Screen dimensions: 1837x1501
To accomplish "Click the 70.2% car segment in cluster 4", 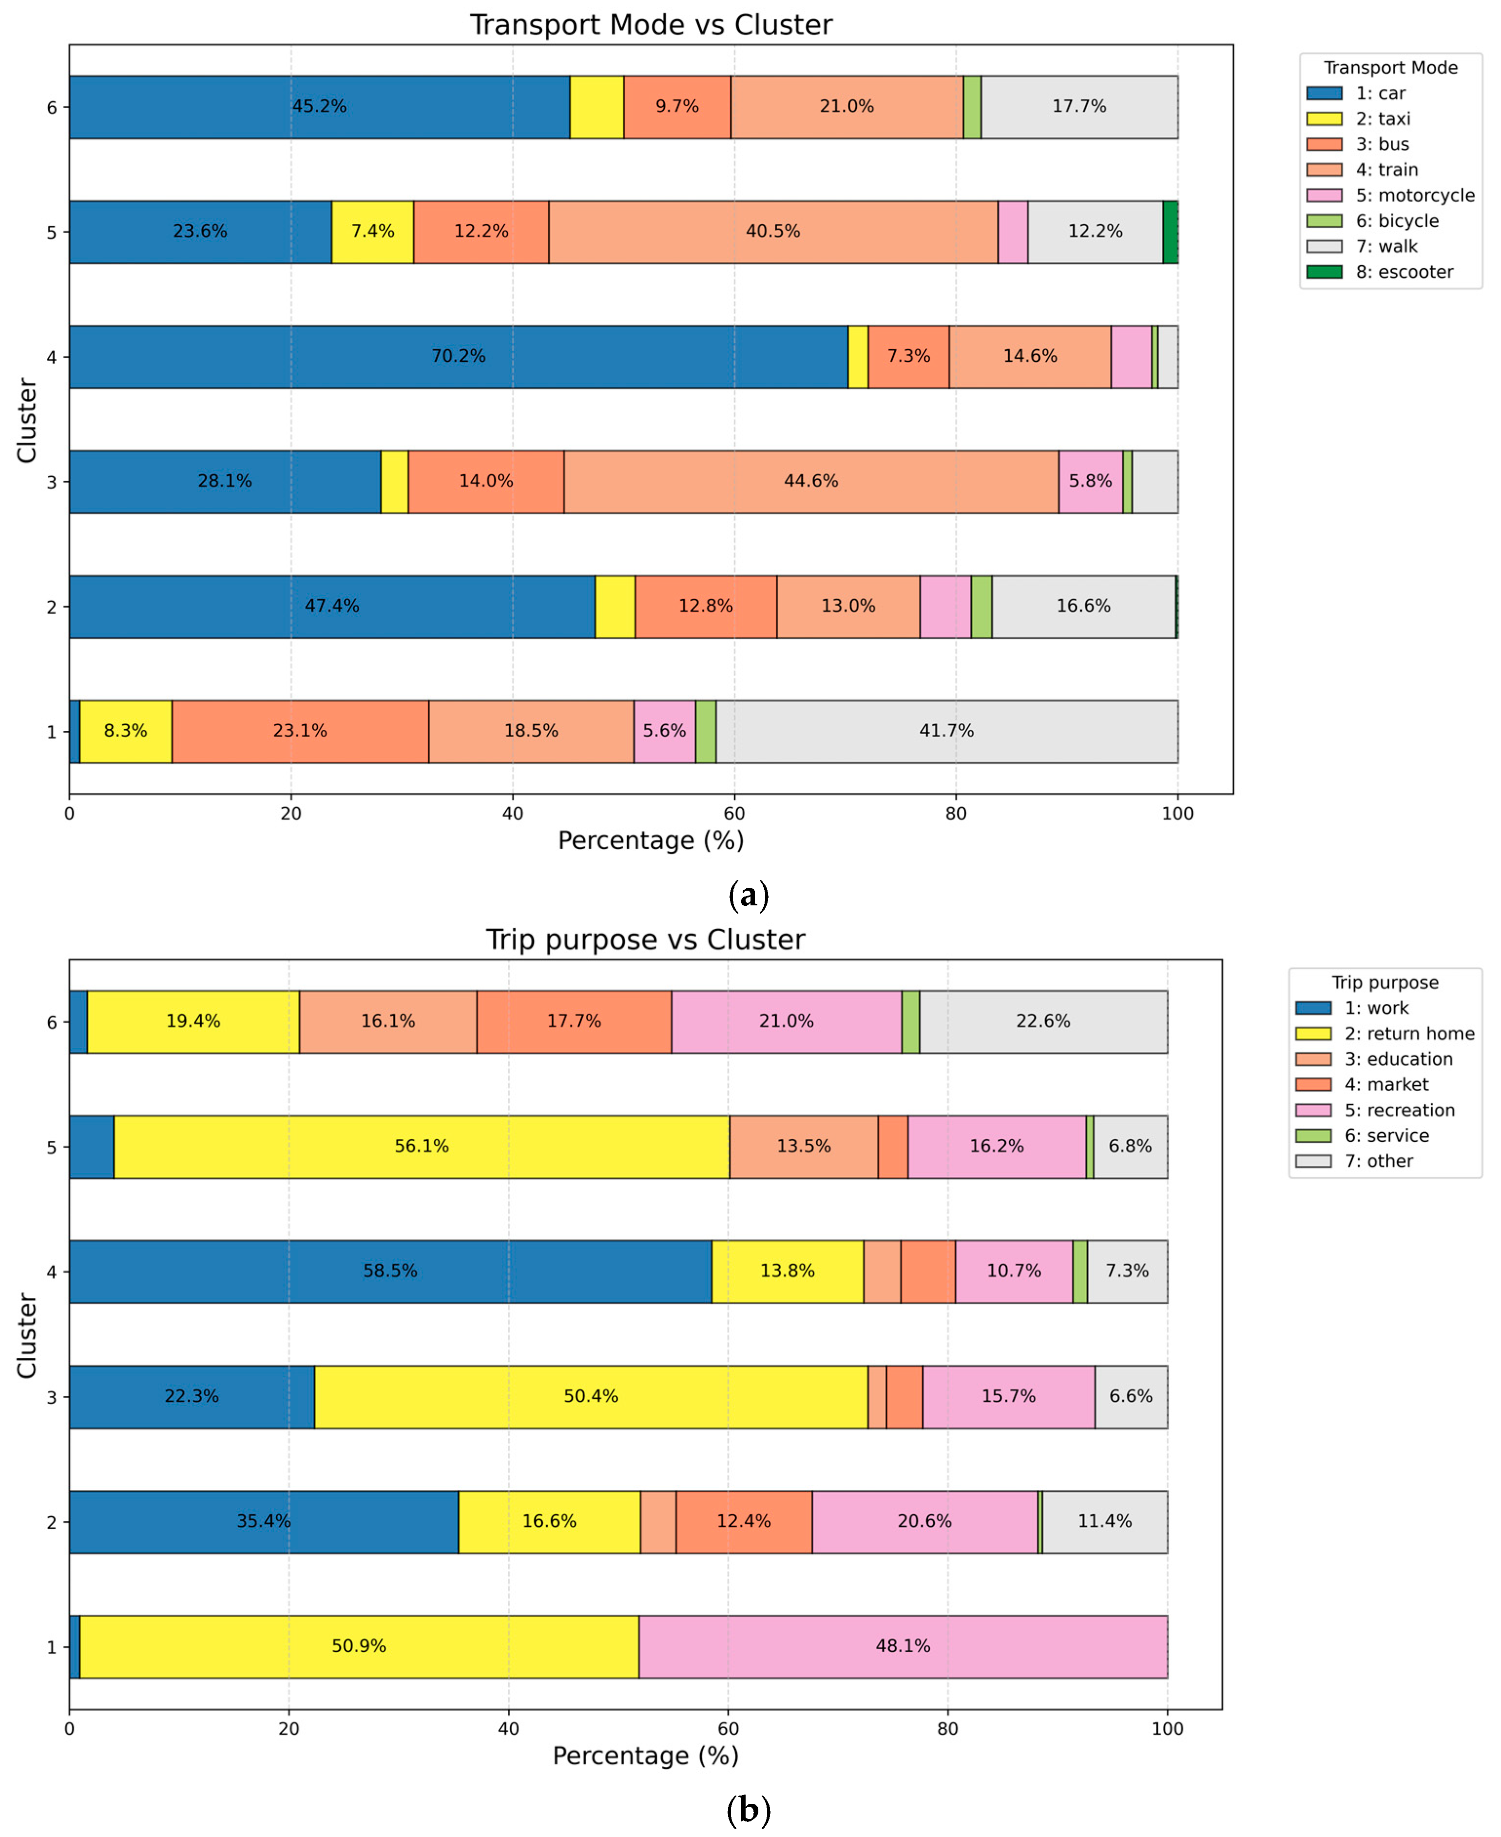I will [x=458, y=356].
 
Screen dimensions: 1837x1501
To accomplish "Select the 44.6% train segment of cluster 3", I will [x=811, y=481].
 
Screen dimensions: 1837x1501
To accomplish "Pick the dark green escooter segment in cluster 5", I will [x=1170, y=232].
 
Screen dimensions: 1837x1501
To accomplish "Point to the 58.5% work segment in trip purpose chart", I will [x=390, y=1270].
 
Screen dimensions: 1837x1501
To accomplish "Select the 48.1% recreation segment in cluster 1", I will [x=903, y=1646].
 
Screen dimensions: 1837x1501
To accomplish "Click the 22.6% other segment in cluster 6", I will [x=1043, y=1021].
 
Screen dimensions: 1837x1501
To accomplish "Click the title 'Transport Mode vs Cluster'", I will [x=650, y=24].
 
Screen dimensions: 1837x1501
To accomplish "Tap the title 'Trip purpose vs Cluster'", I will [x=645, y=939].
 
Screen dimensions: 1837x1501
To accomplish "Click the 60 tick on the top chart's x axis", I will [x=734, y=813].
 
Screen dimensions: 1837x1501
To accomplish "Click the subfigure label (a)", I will [x=749, y=894].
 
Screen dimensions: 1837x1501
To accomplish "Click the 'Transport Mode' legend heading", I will [x=1390, y=67].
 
